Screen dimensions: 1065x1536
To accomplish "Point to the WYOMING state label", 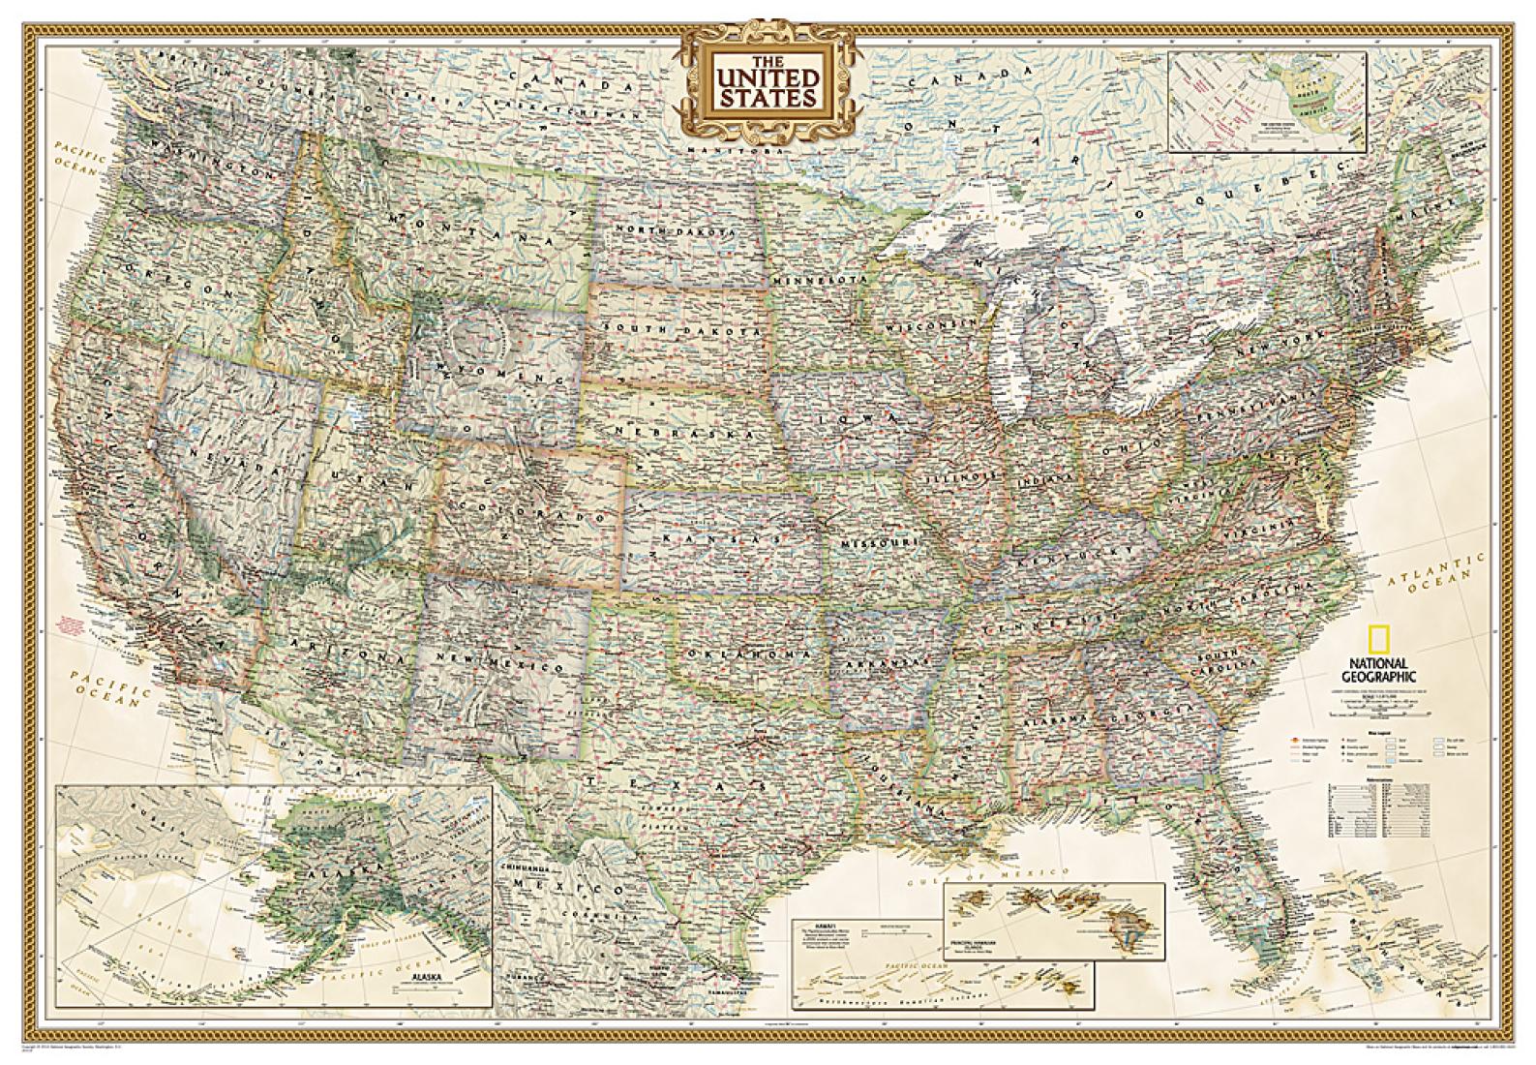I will pyautogui.click(x=503, y=363).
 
